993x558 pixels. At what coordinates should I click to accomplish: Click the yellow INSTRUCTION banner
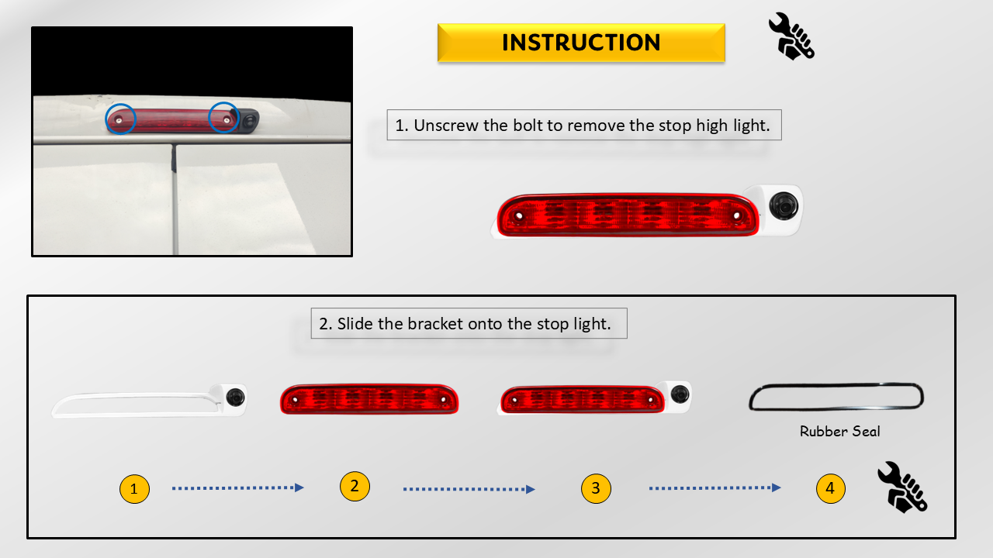pos(581,43)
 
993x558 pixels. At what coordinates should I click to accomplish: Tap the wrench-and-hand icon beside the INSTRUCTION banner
pos(791,36)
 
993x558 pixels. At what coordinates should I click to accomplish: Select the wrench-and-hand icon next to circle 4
pos(902,487)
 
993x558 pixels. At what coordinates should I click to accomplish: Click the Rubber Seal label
pos(839,432)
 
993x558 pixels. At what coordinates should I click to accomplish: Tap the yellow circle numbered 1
pos(134,489)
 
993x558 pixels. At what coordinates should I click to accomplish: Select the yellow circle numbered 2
pos(355,486)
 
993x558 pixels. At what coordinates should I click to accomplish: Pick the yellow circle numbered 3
pos(596,488)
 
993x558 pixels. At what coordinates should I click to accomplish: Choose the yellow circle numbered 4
pos(830,488)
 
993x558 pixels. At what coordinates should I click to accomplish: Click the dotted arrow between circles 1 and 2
pos(238,488)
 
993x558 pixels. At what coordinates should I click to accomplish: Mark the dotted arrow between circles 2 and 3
pos(469,489)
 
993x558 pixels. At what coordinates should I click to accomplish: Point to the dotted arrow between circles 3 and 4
pos(715,488)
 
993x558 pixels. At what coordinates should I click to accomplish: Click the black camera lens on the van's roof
pos(250,120)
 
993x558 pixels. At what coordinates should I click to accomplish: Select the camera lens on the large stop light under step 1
pos(784,206)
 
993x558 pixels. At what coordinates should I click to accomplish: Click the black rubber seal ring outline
pos(836,384)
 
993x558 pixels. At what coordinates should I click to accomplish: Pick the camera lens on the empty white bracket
pos(235,397)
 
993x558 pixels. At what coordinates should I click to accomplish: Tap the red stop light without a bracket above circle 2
pos(369,399)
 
